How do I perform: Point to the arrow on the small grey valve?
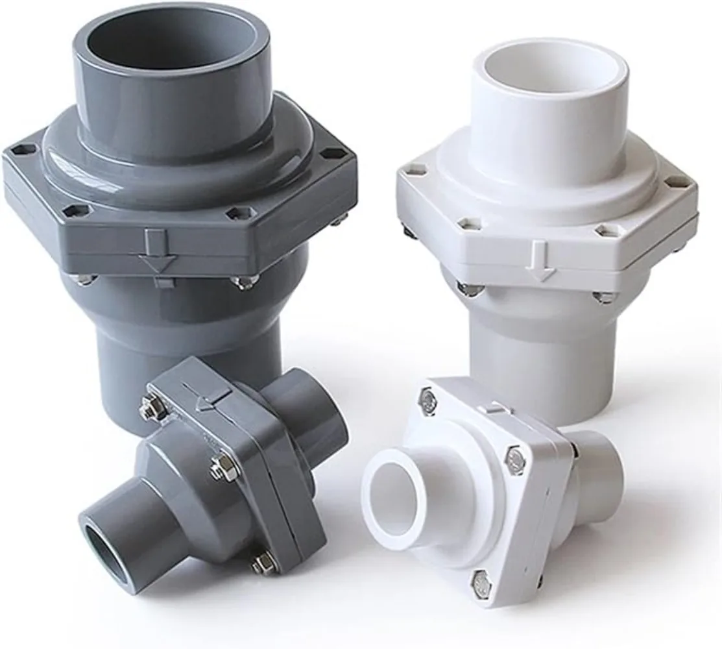pos(206,402)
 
